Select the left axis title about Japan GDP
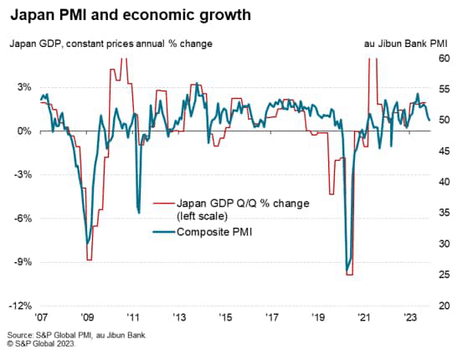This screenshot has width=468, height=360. coord(110,43)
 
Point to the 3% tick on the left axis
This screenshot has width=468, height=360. coord(23,88)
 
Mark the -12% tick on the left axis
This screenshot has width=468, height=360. coord(21,305)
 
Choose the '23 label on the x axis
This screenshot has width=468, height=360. coord(409,318)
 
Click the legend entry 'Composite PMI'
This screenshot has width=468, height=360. coord(214,233)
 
